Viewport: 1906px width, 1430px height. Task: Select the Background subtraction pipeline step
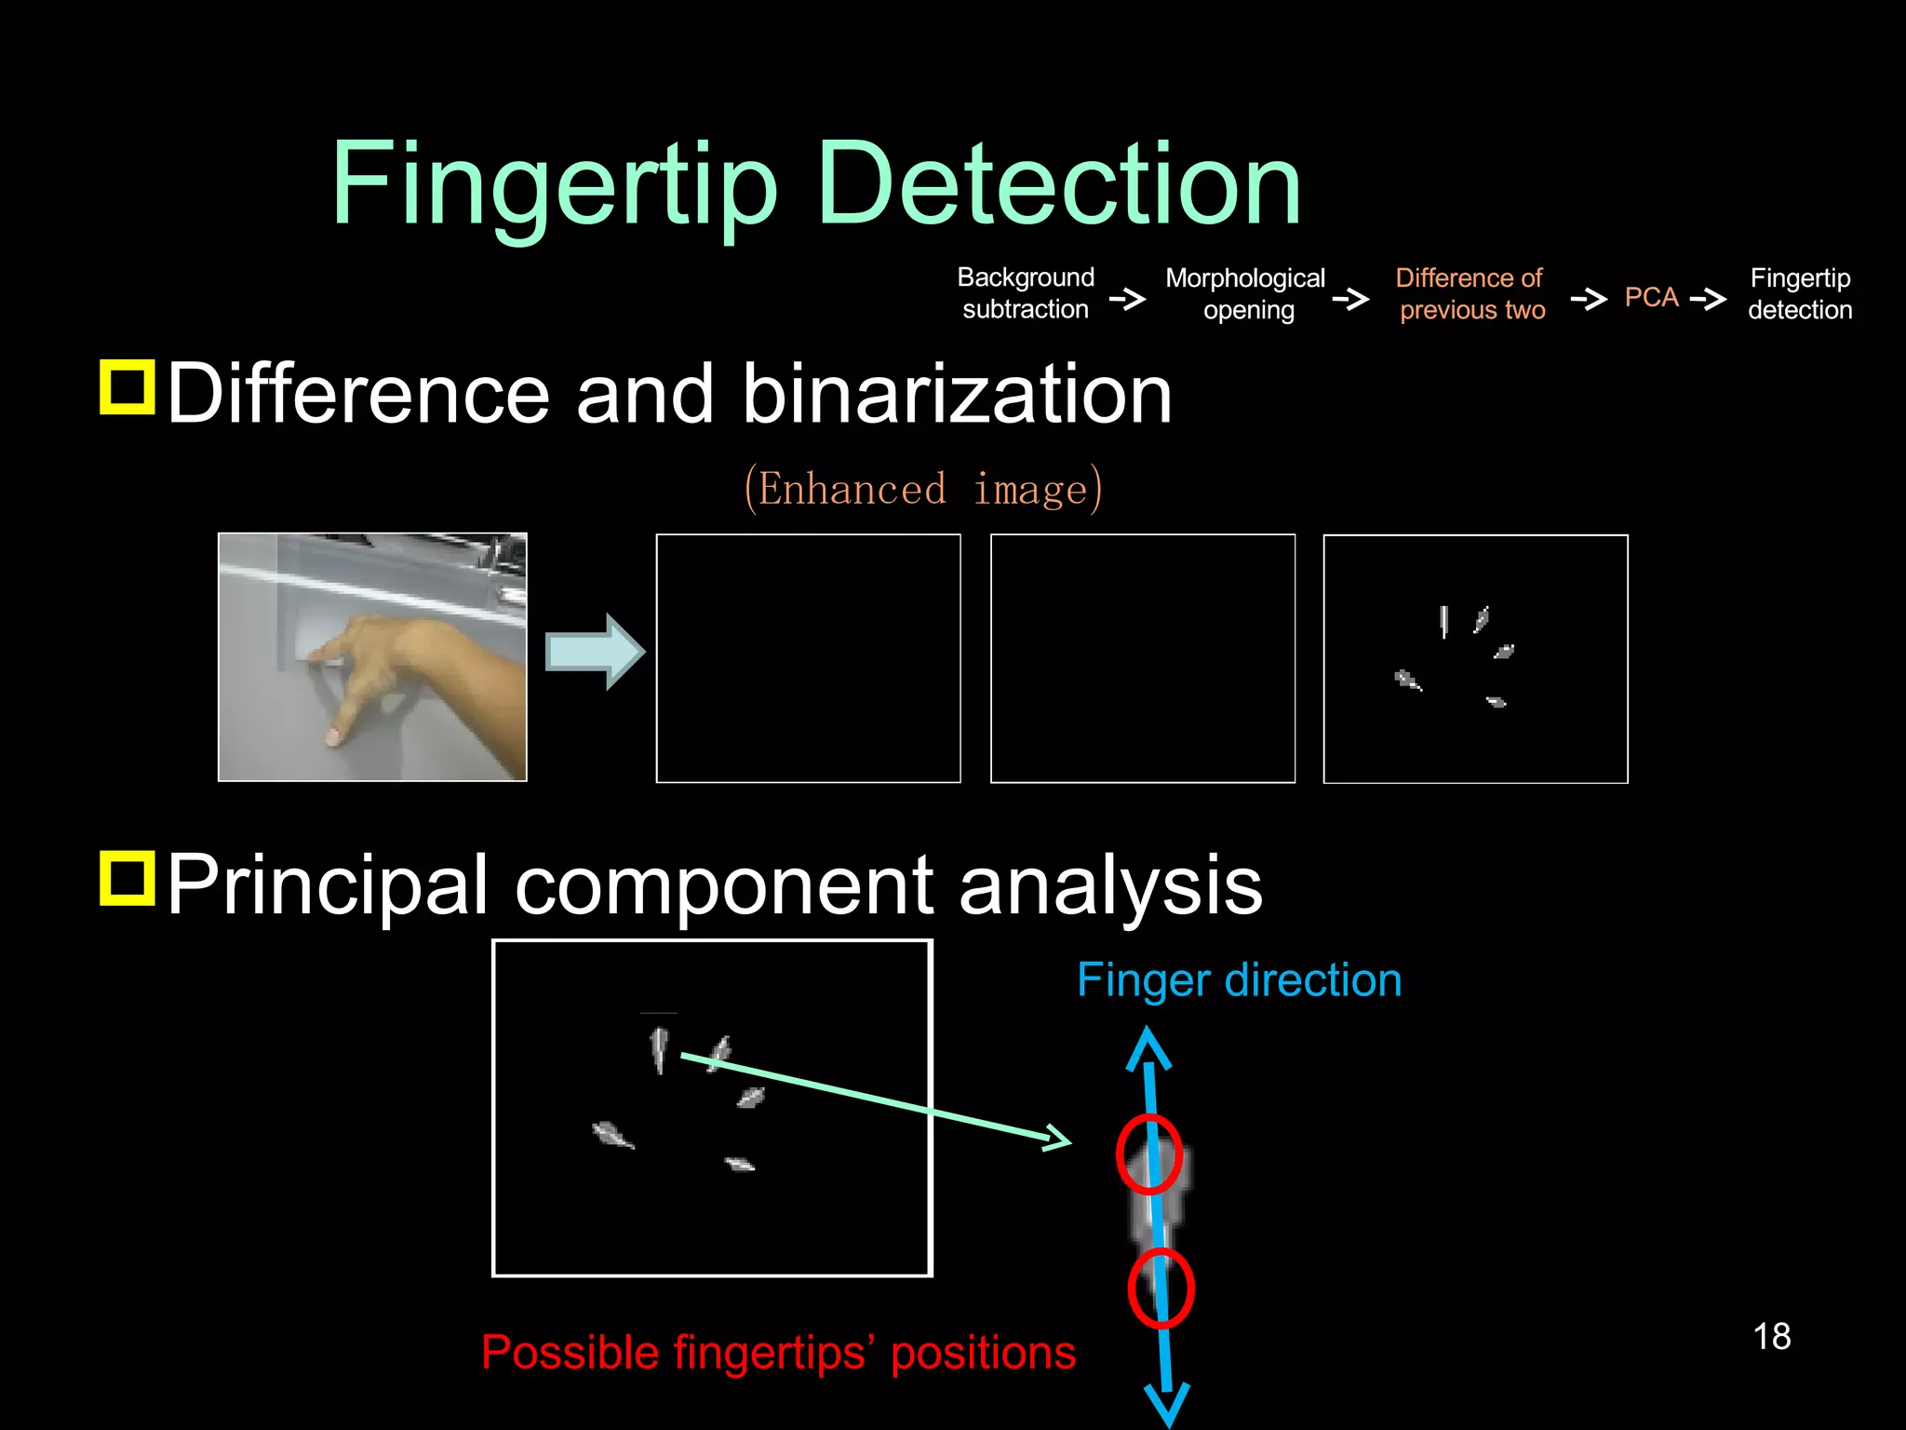[1026, 293]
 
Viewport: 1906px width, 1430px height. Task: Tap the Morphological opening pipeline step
[1245, 294]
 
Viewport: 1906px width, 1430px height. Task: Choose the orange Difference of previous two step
[1470, 294]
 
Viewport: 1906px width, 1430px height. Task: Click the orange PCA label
[1651, 298]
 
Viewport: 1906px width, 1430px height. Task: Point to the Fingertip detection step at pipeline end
[1800, 294]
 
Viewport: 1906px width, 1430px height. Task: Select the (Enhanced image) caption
[923, 488]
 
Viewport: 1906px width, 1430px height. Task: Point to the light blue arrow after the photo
[594, 652]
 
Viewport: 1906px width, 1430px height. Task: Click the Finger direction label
[1239, 980]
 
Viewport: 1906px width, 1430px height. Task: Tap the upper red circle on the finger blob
[1150, 1154]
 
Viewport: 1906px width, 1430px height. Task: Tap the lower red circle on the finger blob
[1161, 1288]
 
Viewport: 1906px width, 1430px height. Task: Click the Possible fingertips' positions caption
[778, 1353]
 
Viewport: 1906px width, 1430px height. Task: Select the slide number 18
[1771, 1337]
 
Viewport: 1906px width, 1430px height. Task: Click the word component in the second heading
[723, 885]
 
